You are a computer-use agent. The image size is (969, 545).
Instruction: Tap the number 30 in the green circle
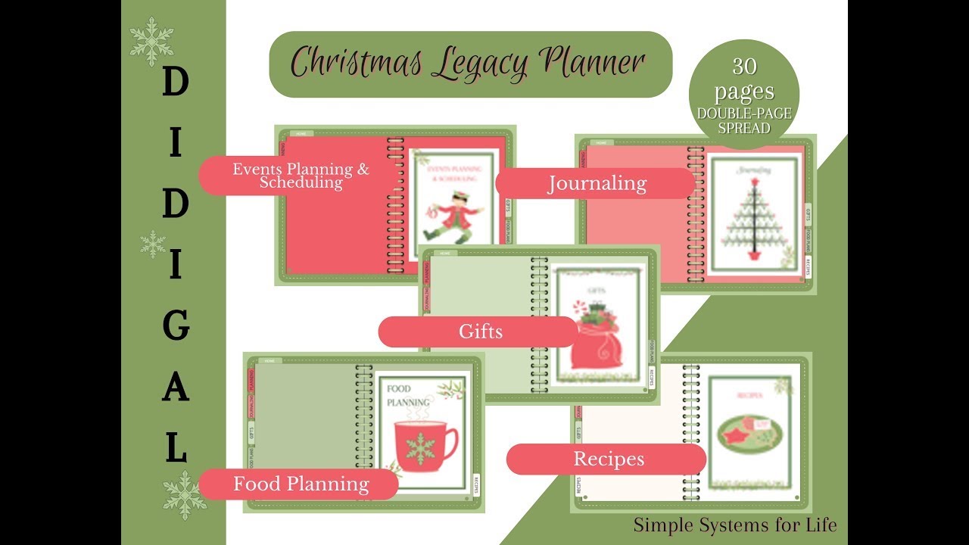pos(744,67)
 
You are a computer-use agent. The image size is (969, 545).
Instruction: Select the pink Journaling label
pos(597,184)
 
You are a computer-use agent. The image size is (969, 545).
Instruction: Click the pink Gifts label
pos(480,332)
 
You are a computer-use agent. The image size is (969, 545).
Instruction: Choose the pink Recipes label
pos(608,459)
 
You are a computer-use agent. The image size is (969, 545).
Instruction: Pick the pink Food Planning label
pos(301,484)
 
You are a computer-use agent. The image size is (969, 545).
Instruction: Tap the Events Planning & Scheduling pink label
pos(301,176)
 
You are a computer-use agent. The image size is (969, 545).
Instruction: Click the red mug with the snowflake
pos(425,446)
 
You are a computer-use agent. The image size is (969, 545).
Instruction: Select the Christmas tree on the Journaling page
pos(754,220)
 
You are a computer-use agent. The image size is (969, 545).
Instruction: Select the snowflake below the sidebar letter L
pos(185,495)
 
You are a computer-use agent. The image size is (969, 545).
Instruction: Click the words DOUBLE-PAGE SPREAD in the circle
pos(744,121)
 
